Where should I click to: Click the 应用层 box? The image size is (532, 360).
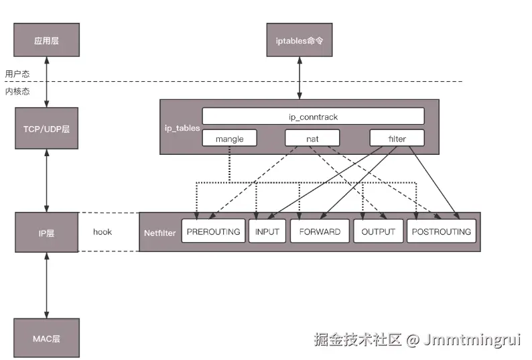click(47, 40)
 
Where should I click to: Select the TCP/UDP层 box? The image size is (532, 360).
click(47, 127)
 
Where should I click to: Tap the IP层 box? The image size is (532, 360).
click(47, 232)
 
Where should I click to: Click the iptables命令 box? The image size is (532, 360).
click(299, 40)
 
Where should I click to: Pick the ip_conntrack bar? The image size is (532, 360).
click(313, 116)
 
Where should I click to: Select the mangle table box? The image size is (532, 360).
click(229, 139)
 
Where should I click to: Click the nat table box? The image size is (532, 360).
click(312, 139)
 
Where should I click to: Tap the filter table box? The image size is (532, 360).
click(397, 139)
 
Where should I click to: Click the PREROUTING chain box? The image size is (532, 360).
click(212, 232)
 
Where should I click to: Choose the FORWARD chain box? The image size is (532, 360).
click(320, 232)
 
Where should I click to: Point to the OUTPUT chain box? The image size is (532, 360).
click(378, 232)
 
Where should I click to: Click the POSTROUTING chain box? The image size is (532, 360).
click(442, 232)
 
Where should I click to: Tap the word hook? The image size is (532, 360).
click(103, 232)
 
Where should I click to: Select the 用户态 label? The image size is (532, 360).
click(17, 74)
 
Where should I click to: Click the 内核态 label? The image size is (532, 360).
click(17, 91)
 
